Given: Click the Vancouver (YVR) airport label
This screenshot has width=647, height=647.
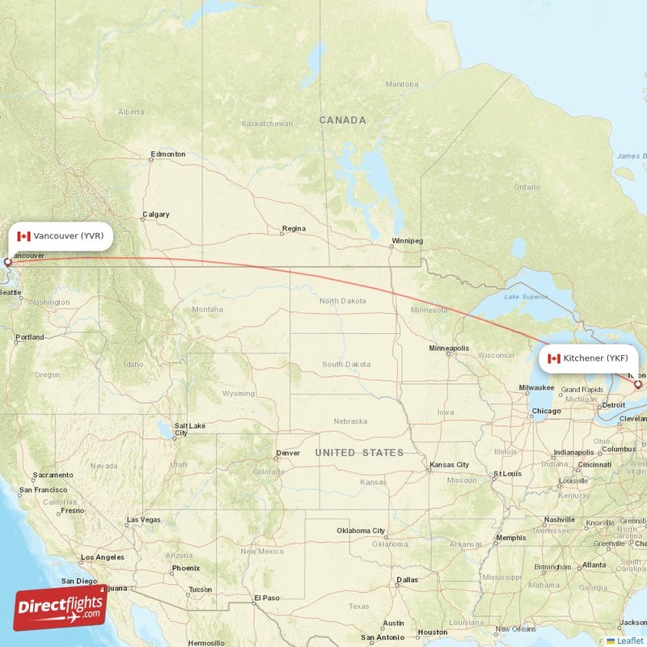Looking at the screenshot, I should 61,236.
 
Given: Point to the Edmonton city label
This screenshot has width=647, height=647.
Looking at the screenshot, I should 167,154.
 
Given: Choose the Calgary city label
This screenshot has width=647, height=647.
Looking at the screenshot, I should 155,214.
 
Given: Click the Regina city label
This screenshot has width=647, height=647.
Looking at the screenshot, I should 294,229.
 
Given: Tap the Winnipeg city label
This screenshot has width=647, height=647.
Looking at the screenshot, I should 407,241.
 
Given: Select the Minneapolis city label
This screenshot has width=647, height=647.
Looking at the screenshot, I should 448,349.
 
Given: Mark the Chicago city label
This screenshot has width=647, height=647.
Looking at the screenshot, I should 547,411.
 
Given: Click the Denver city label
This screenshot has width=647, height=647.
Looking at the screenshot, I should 287,453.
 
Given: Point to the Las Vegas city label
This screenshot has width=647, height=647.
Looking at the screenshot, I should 143,519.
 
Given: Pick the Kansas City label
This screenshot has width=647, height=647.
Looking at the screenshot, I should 450,465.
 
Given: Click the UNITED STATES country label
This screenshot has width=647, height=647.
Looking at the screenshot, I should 359,452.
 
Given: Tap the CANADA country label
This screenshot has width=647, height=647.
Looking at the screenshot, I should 342,120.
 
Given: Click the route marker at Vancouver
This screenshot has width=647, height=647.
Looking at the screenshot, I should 8,262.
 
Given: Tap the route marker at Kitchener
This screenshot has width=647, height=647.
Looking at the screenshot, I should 637,384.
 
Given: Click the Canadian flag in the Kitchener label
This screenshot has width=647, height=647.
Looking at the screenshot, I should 554,358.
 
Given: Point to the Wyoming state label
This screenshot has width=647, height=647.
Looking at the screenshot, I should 238,394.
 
